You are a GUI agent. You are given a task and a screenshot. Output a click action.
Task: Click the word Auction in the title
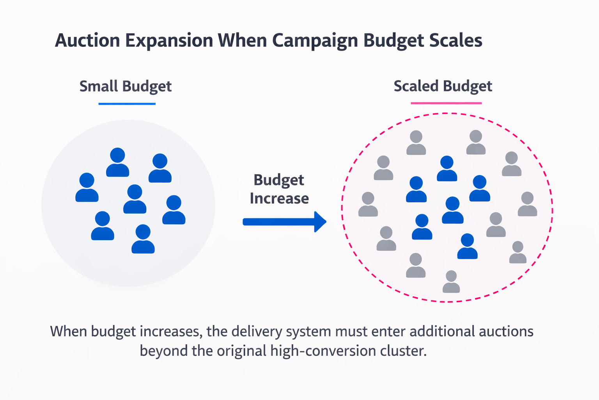[87, 41]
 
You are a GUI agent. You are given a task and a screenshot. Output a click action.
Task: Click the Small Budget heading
[125, 86]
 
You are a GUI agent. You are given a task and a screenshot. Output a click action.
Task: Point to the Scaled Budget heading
[443, 86]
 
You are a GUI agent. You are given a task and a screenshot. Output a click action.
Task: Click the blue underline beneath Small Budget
[127, 104]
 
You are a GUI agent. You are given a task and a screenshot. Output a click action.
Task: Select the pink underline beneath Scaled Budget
[446, 103]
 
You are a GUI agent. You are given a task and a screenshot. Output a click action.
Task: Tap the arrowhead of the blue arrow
[321, 222]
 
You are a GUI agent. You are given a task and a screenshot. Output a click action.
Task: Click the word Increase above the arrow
[279, 198]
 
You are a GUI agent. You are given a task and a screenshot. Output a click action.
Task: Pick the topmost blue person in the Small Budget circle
[117, 162]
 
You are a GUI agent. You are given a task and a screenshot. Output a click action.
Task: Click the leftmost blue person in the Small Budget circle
[87, 187]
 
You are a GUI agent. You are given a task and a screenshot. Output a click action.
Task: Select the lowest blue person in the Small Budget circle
[143, 239]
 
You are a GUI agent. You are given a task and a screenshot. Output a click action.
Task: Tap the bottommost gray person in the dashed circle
[451, 282]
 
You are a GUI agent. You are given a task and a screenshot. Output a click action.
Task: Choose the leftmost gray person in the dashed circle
[368, 204]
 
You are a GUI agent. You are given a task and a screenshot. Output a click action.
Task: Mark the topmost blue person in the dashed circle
[447, 169]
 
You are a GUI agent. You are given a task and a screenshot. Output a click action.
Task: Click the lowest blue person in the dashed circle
[467, 246]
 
